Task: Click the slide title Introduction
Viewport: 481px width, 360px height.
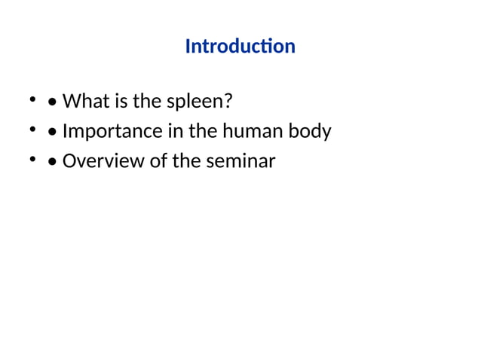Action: (x=240, y=47)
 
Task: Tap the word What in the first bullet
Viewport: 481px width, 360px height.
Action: (x=83, y=101)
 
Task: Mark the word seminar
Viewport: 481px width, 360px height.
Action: (x=240, y=161)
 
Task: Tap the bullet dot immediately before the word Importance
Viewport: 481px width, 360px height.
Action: (x=51, y=133)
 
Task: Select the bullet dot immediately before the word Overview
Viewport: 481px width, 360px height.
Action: (x=51, y=163)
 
